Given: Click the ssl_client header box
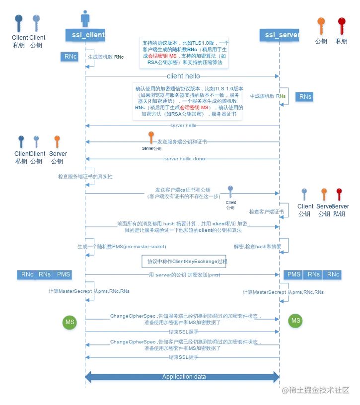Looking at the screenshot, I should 85,35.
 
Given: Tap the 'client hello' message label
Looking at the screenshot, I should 183,76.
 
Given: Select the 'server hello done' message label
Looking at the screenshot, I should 182,159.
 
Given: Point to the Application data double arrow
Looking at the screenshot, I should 183,377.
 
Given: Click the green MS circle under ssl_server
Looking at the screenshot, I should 295,321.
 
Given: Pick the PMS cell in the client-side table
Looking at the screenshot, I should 63,274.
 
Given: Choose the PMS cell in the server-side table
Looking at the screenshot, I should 294,274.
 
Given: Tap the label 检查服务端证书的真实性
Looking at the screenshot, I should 85,176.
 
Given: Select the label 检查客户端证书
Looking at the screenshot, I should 267,211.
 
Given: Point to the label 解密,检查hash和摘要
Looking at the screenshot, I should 257,246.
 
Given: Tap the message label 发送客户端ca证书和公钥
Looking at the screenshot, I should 183,193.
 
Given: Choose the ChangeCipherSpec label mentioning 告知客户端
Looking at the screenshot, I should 183,345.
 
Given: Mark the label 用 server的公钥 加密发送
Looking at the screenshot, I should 183,274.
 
